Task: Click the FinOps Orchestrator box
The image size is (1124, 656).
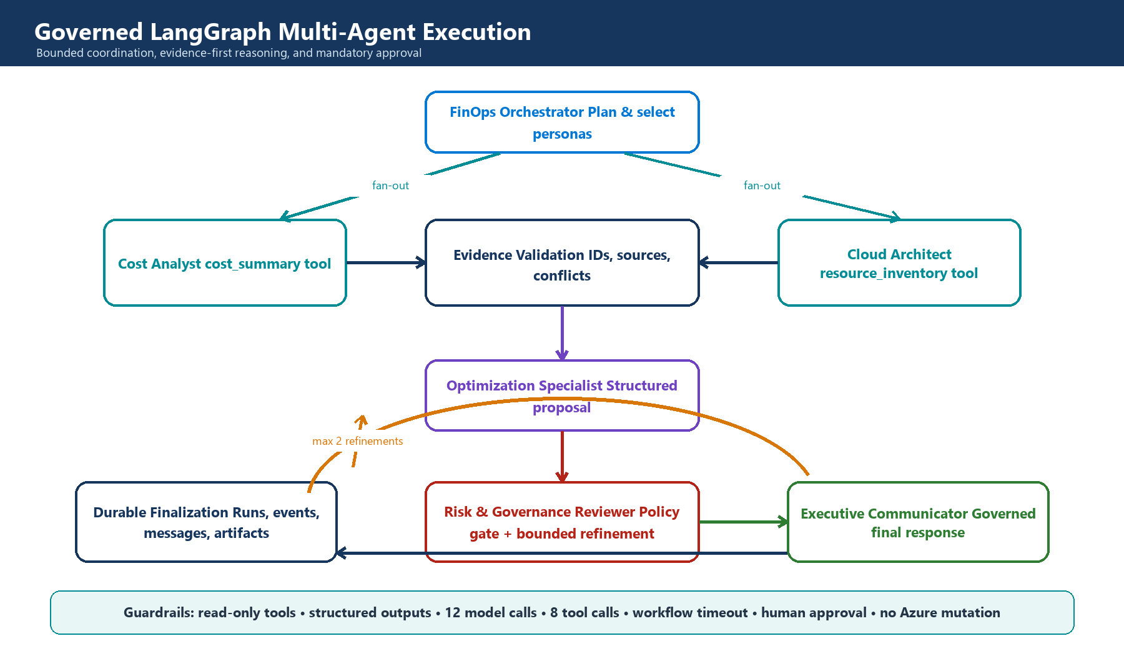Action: click(562, 122)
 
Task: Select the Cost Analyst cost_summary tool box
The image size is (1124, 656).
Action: click(225, 263)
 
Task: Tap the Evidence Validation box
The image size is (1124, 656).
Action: click(562, 263)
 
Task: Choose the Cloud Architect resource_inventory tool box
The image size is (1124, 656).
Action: click(899, 263)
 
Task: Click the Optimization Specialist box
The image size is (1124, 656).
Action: click(562, 395)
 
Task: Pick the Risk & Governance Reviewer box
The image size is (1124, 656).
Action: click(562, 522)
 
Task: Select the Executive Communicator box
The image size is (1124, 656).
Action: click(918, 522)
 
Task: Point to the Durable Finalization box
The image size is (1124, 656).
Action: click(206, 522)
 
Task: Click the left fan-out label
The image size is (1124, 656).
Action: click(390, 186)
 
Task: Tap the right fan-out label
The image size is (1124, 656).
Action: click(762, 186)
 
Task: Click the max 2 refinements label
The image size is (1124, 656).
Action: click(358, 441)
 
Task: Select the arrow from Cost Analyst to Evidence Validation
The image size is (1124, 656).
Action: click(386, 263)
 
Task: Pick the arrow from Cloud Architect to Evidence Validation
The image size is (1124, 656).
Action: click(738, 263)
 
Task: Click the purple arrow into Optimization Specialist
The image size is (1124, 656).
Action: click(562, 333)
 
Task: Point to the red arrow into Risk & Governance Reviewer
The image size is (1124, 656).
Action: click(562, 456)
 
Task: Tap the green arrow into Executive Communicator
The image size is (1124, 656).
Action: click(743, 522)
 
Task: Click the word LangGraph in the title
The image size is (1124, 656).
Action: click(210, 32)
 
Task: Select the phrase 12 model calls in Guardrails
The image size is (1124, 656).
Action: click(491, 612)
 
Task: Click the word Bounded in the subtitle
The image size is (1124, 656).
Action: click(60, 53)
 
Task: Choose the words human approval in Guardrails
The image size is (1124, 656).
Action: click(814, 613)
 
